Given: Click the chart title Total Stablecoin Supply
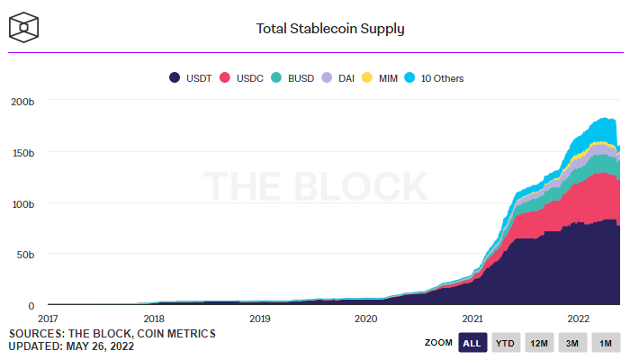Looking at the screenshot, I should coord(330,28).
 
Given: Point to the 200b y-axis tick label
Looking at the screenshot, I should coord(24,102).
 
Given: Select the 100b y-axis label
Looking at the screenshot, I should coord(24,204).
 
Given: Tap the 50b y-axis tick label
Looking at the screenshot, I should coord(27,256).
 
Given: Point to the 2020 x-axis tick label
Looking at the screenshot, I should coord(366,319).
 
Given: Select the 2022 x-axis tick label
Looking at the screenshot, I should coord(578,319).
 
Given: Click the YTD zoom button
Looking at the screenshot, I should coord(506,343).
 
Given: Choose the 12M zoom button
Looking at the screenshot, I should coord(539,343).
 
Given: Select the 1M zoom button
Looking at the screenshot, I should coord(606,343).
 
